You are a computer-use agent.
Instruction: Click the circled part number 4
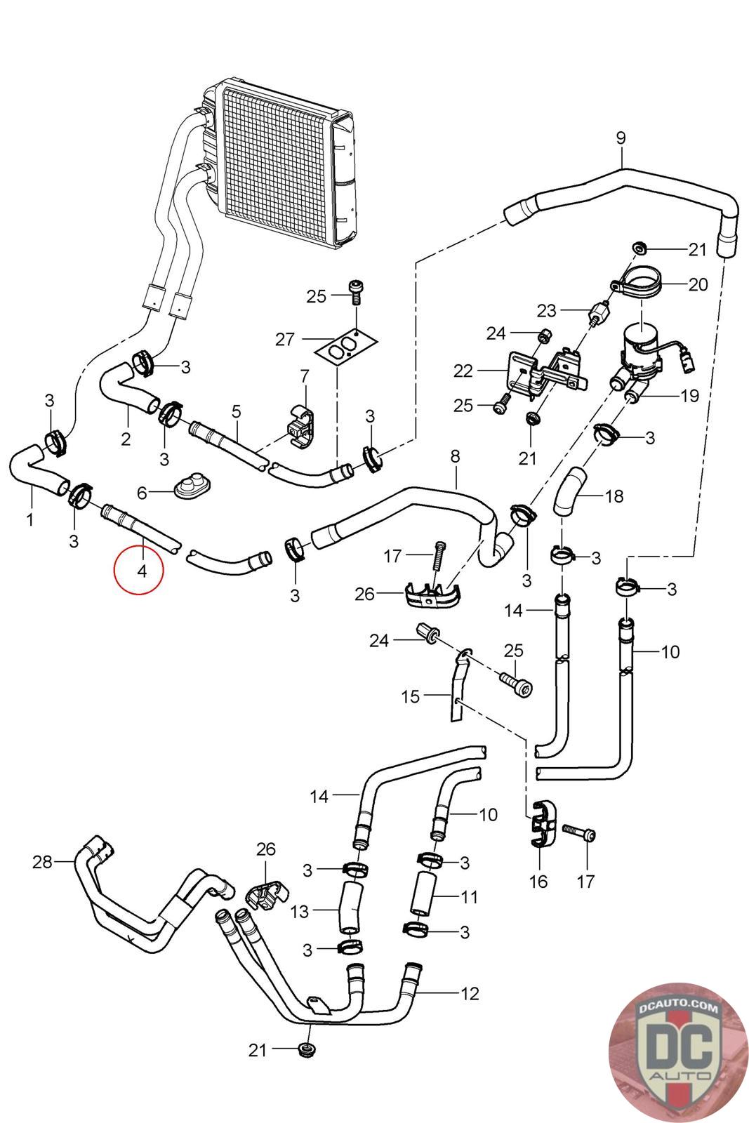142,571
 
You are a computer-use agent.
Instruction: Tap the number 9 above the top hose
621,138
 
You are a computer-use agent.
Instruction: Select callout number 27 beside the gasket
284,340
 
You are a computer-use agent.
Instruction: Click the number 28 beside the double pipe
43,861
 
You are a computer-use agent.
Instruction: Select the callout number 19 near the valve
690,397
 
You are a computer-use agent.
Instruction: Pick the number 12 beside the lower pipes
470,993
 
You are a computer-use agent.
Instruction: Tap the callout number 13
300,912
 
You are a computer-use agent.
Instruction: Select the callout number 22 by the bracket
463,371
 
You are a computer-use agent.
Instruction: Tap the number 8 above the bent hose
456,457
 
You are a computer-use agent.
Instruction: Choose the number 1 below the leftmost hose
30,520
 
